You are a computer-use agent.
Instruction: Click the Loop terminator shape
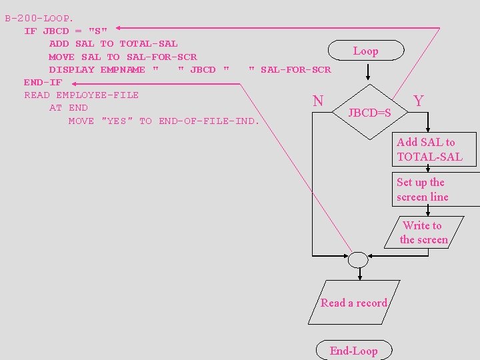[365, 51]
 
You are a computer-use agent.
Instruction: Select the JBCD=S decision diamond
[369, 111]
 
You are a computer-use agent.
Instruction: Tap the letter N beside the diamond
[318, 101]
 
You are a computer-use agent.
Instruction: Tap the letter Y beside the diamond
[419, 101]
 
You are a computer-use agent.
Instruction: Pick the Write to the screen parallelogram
[423, 232]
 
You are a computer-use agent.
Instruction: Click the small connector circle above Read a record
[358, 259]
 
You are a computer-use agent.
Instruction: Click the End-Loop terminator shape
[353, 351]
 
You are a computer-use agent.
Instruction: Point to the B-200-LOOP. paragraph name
[39, 18]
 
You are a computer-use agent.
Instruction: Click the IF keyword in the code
[30, 31]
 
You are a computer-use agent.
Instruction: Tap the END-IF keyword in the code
[43, 82]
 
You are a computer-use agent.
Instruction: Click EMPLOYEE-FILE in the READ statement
[97, 95]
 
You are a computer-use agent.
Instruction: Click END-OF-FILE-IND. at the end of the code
[209, 121]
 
